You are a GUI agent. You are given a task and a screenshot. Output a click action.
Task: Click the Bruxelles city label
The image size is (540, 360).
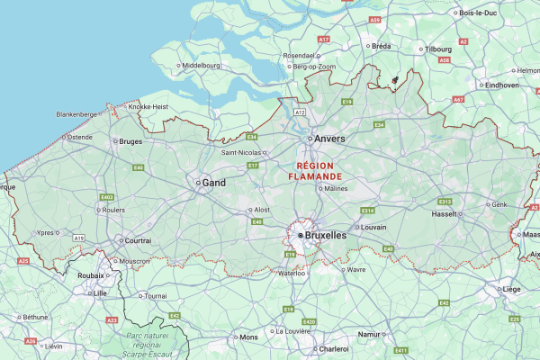(325, 235)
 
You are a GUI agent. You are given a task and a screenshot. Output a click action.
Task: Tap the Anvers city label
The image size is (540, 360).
(329, 139)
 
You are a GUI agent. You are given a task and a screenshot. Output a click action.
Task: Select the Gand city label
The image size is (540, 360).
(213, 182)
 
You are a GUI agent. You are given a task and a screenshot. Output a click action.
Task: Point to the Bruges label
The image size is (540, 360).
(130, 141)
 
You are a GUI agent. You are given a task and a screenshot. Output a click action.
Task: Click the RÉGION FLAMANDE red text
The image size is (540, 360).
(314, 172)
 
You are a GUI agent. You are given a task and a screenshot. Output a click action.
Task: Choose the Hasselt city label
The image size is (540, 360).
(445, 214)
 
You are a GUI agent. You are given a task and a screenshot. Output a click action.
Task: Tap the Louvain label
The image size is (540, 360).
(373, 227)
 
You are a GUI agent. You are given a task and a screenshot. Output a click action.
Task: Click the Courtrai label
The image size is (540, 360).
(138, 240)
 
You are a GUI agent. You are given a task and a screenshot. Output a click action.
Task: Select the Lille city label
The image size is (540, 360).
(100, 293)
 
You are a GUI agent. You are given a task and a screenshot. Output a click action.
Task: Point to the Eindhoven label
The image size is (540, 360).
(501, 85)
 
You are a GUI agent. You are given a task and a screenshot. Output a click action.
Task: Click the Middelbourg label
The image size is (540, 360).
(201, 66)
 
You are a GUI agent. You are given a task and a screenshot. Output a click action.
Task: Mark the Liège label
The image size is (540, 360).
(511, 290)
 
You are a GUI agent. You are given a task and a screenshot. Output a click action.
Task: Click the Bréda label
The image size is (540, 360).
(382, 45)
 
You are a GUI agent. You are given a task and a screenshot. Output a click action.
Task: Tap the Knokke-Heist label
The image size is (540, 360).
(148, 106)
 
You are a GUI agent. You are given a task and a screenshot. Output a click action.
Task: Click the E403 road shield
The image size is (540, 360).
(107, 197)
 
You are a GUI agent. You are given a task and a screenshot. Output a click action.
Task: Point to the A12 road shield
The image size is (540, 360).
(300, 112)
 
